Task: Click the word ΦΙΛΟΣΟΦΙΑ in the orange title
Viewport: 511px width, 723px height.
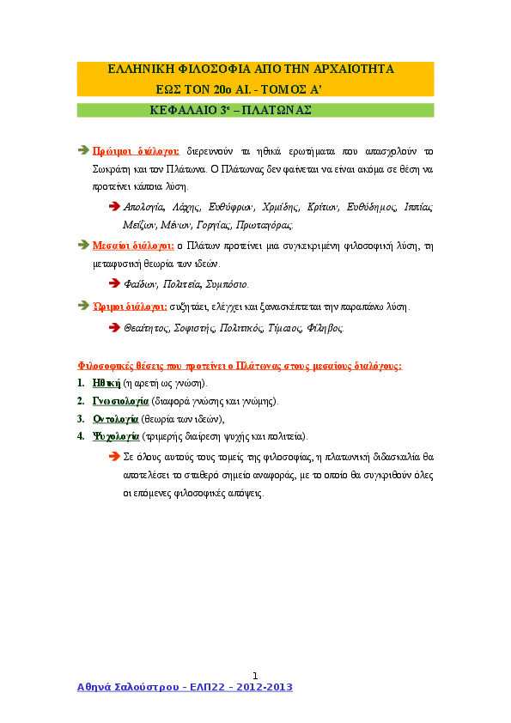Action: (x=214, y=70)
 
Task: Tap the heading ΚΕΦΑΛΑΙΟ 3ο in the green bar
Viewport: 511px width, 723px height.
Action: (x=190, y=110)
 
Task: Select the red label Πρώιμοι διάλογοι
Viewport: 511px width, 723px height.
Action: (x=136, y=151)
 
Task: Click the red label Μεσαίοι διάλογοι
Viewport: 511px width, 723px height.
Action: (x=133, y=246)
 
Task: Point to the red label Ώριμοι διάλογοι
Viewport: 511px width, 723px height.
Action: (x=130, y=307)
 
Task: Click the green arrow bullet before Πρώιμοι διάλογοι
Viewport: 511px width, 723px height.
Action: (x=83, y=150)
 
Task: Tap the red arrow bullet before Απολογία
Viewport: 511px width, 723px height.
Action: (x=114, y=206)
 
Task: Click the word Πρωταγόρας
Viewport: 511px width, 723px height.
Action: (x=265, y=225)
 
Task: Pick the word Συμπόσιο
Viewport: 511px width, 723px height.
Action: (x=227, y=284)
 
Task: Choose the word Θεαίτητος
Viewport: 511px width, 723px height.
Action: (x=147, y=328)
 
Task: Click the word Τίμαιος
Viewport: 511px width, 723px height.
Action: (x=285, y=328)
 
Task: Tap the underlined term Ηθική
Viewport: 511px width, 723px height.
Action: (x=106, y=383)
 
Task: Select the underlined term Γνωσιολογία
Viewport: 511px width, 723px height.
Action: (x=120, y=401)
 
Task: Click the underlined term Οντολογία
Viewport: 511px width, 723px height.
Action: (x=116, y=419)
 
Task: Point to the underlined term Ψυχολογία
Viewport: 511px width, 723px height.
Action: (x=116, y=436)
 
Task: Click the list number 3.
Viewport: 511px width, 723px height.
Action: (x=81, y=419)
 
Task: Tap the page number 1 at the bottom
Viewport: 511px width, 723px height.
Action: (x=255, y=676)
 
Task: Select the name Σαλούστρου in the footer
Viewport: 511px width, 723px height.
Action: (x=147, y=687)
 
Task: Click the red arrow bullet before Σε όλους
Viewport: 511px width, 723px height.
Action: (x=114, y=457)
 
